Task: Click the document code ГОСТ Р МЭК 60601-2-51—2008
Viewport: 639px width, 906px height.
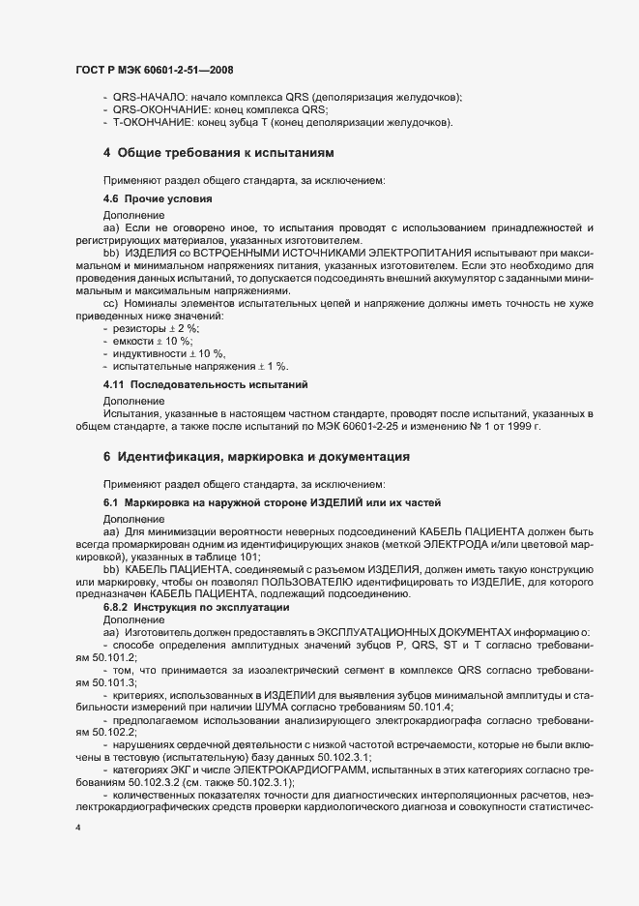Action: [153, 71]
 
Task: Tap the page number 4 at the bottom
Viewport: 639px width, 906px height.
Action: [77, 830]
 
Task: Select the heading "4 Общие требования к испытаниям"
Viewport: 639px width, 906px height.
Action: [219, 154]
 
